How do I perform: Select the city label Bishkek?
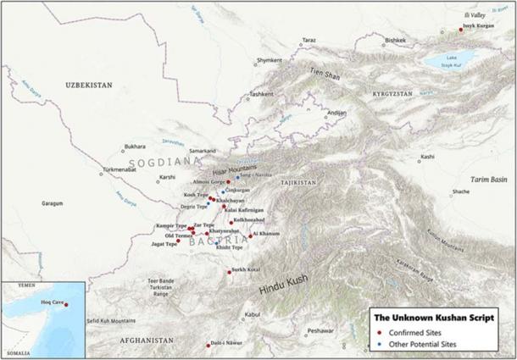(395, 40)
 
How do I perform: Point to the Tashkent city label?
(263, 94)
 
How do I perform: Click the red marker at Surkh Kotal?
(229, 272)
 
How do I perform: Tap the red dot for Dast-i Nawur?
(208, 344)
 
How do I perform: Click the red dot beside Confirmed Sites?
(381, 334)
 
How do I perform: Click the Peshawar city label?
(320, 330)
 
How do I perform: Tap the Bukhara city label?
(135, 147)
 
